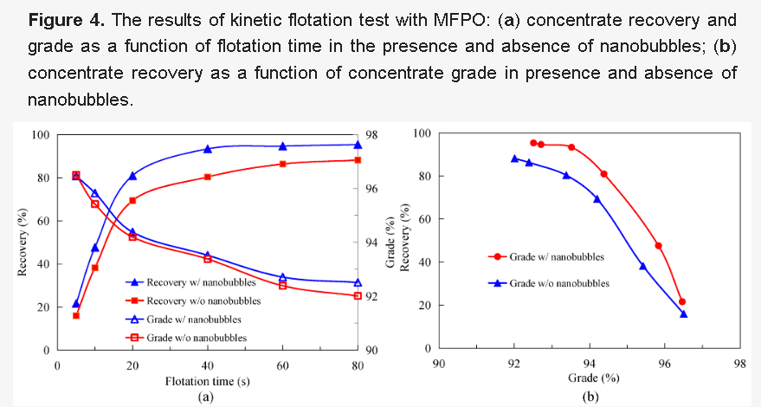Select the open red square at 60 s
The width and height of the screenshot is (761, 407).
pyautogui.click(x=283, y=285)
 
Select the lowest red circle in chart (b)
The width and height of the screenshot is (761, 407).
pyautogui.click(x=682, y=301)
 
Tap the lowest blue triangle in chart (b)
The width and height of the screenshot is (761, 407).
pyautogui.click(x=684, y=313)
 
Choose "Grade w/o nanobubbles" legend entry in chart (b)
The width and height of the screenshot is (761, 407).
pyautogui.click(x=559, y=282)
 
